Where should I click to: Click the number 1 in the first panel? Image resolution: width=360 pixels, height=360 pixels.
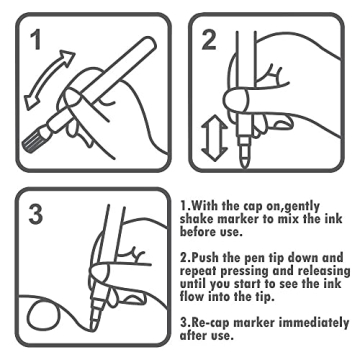36,40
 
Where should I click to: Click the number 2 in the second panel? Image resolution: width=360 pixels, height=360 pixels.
209,40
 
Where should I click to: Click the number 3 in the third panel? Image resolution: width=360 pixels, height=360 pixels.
36,213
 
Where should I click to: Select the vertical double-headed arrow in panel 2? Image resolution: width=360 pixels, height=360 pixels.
214,138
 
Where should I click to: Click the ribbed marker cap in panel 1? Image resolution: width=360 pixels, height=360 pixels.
34,141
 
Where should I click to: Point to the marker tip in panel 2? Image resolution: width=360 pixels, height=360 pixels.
245,159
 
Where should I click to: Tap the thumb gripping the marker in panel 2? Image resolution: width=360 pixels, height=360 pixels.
237,99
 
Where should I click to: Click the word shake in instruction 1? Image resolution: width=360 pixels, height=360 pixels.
197,219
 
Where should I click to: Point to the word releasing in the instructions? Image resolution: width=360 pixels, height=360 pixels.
324,271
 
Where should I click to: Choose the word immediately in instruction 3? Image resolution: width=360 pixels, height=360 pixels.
314,323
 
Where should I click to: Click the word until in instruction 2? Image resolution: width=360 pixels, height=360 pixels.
193,284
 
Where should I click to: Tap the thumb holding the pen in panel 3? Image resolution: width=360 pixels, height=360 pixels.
104,272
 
